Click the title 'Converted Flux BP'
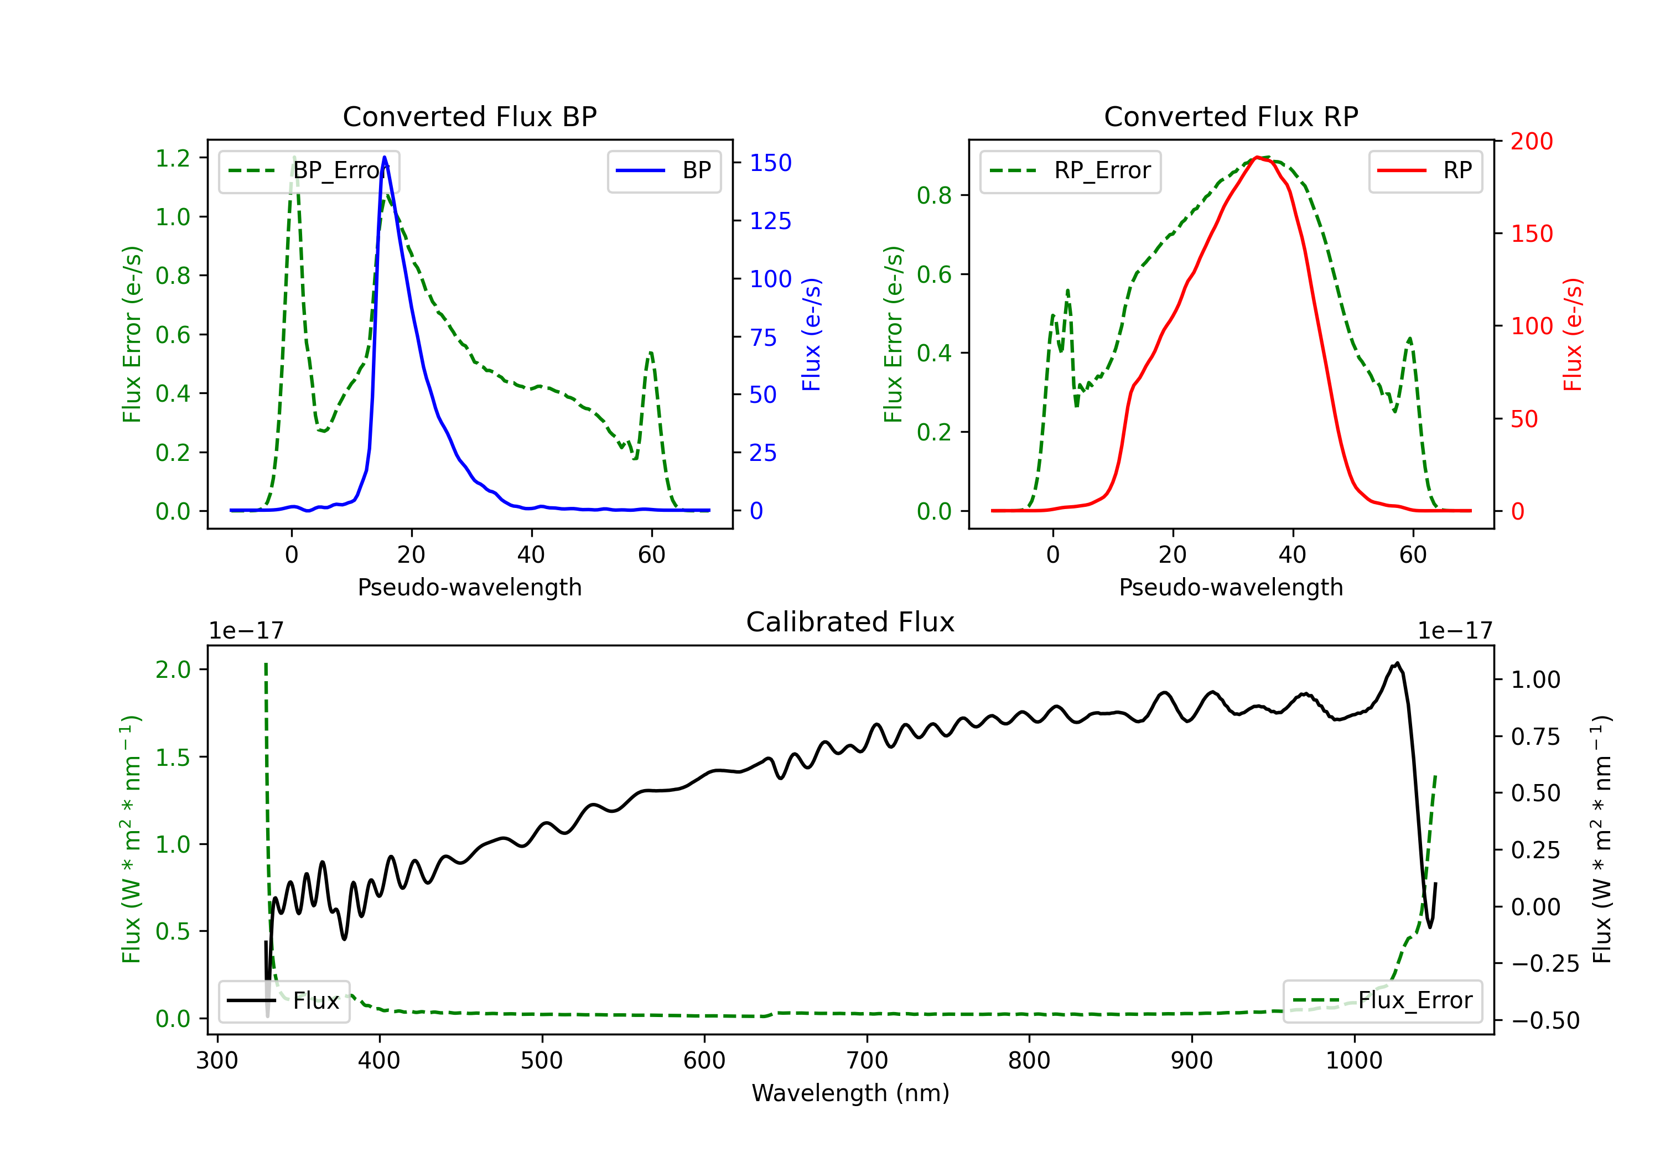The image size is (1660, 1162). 469,116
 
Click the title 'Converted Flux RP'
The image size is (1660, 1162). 1231,116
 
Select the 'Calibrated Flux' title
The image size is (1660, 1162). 850,622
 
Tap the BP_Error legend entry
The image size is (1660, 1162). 309,170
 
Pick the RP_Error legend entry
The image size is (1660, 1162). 1070,170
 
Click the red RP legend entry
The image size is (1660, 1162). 1425,170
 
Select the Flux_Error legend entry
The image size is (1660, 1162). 1382,1001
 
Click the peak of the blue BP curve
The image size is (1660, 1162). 384,157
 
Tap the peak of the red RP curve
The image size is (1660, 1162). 1257,157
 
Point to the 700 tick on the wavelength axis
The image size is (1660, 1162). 867,1060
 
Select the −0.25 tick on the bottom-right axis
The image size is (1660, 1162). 1544,964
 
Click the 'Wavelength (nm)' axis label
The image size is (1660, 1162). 850,1093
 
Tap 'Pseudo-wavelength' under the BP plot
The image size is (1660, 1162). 469,587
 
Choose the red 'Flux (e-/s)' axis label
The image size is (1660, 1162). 1573,334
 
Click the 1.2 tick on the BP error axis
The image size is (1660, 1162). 173,158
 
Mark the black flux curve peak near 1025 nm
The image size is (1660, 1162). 1397,663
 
